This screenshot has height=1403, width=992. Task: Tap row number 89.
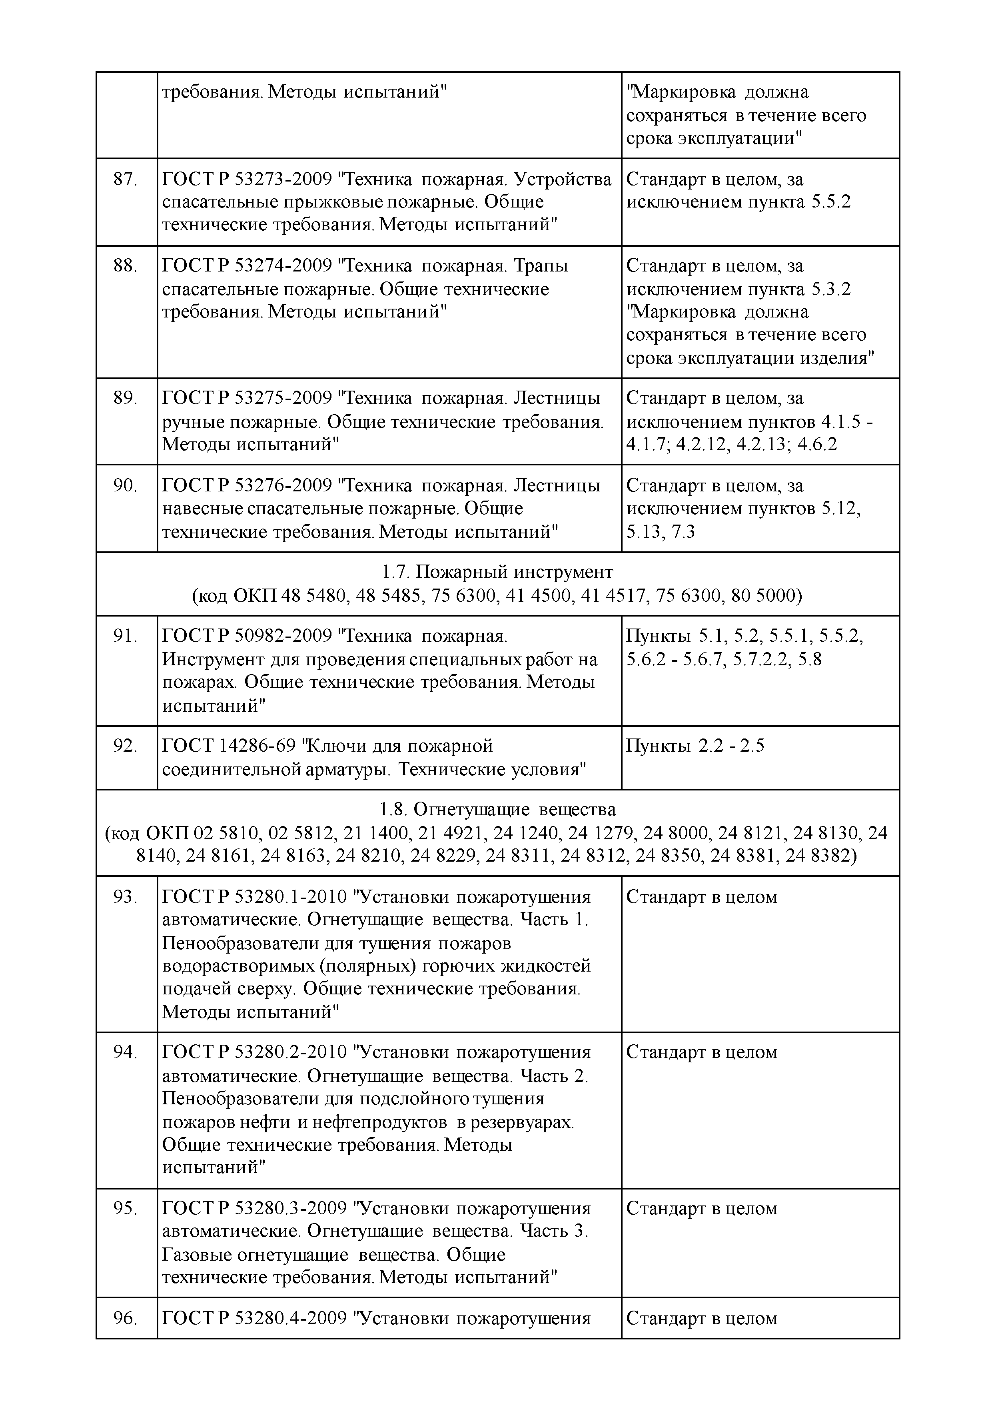[125, 398]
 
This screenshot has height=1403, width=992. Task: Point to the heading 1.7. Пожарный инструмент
[497, 572]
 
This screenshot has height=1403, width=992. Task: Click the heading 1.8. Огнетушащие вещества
[497, 810]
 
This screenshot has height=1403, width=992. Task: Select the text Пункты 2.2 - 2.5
[695, 746]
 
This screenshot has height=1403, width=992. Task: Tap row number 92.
[125, 746]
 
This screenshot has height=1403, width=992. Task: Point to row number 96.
[125, 1319]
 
